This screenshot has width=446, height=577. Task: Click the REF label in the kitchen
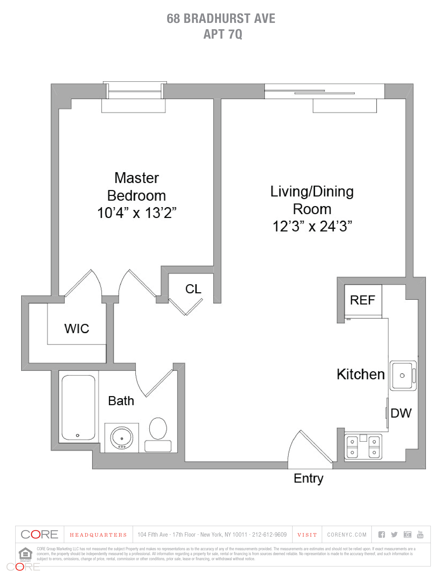click(x=362, y=300)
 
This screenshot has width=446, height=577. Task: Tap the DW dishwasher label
click(x=401, y=413)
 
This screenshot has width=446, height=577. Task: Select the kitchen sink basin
click(x=402, y=375)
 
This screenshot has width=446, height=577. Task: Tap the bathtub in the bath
click(x=78, y=407)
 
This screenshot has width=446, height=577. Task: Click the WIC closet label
click(x=77, y=329)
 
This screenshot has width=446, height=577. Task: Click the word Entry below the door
click(x=308, y=478)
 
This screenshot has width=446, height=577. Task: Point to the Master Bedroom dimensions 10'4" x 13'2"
click(x=137, y=213)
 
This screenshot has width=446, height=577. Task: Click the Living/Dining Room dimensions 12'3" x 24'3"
click(x=312, y=226)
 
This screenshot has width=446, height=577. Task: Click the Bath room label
click(x=121, y=401)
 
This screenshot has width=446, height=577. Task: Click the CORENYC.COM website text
click(x=347, y=535)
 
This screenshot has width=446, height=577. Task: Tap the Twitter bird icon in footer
click(x=394, y=535)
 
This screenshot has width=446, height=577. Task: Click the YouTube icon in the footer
click(x=420, y=535)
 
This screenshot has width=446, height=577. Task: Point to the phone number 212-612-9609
click(x=269, y=535)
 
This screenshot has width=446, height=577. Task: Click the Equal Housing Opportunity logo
click(x=25, y=554)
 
